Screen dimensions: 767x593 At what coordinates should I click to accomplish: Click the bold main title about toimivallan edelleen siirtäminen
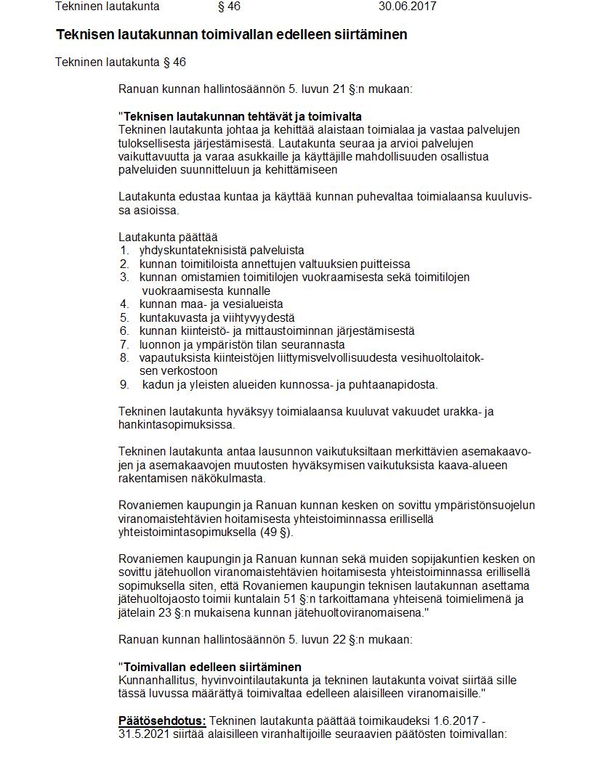pos(231,34)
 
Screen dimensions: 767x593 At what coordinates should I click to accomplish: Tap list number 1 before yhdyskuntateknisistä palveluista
pos(124,250)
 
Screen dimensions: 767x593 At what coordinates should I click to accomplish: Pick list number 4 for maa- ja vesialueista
pos(124,304)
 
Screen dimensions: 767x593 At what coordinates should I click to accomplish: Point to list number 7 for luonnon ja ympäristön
pos(124,344)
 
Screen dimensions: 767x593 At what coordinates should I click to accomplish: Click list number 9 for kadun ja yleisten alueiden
pos(124,384)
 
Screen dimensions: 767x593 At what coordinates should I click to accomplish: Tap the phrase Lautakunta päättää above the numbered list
pos(168,237)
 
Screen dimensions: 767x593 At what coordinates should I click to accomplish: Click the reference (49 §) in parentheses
pos(276,532)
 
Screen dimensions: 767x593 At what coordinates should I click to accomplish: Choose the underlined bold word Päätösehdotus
pos(162,721)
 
